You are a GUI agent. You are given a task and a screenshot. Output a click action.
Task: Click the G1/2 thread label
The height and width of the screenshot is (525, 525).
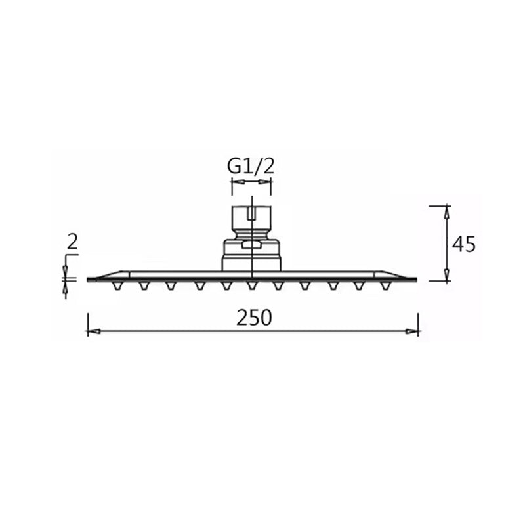point(251,167)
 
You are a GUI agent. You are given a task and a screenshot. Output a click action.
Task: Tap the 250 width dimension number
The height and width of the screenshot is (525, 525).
point(254,318)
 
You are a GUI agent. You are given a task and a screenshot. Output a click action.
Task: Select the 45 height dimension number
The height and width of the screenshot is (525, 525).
point(464,244)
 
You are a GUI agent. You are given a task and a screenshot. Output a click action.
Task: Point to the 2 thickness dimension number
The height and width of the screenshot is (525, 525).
point(72,241)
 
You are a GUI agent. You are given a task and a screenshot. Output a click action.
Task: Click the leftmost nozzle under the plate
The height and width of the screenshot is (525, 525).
point(117,285)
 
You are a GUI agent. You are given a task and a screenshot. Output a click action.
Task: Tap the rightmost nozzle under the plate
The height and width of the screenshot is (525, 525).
point(386,285)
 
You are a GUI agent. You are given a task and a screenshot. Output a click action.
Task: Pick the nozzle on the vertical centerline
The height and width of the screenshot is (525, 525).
point(252,285)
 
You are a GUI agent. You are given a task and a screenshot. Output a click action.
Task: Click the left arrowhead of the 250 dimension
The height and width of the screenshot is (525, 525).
point(94,331)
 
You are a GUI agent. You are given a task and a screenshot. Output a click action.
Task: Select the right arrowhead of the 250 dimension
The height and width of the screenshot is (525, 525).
point(412,331)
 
